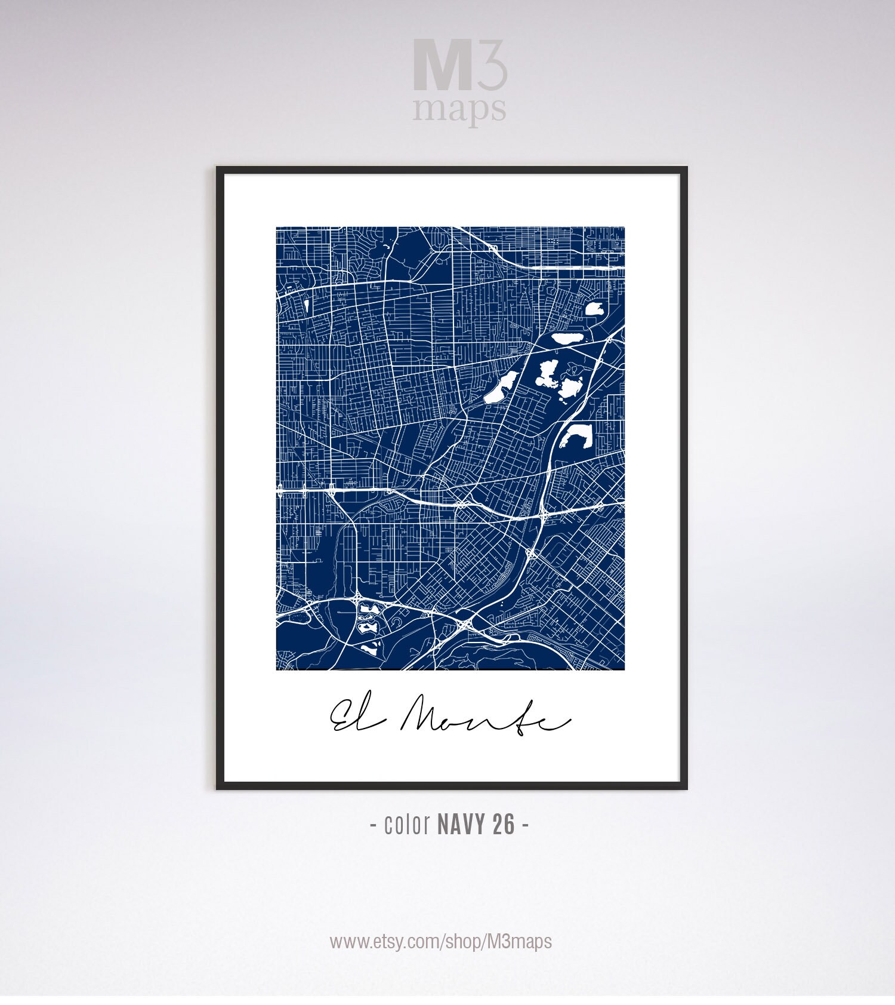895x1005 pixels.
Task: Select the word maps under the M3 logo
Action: coord(459,109)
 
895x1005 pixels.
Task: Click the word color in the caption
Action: coord(408,825)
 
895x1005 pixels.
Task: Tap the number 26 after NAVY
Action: coord(504,825)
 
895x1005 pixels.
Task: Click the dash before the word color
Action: coord(373,826)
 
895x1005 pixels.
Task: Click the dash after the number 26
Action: coord(525,826)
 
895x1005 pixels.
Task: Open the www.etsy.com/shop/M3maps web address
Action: coord(440,942)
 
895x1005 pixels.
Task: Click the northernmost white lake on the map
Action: coord(595,309)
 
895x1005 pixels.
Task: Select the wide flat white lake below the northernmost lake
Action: coord(570,339)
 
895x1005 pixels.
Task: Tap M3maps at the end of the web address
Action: coord(520,942)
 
